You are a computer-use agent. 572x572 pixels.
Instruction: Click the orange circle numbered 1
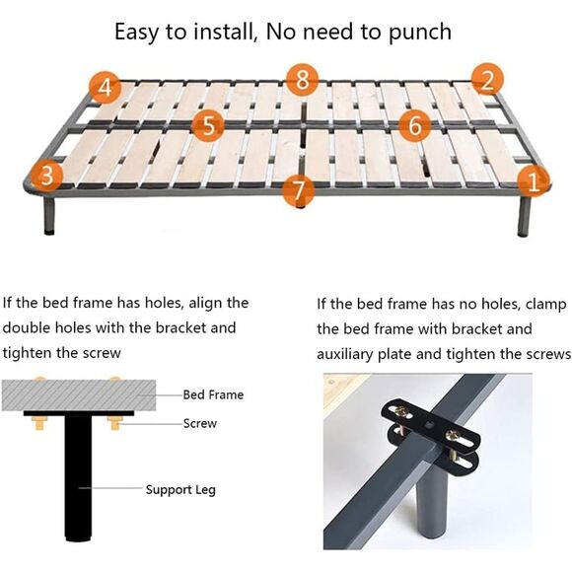point(534,180)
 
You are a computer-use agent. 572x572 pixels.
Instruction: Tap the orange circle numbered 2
point(487,80)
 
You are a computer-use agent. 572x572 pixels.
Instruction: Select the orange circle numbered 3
point(47,176)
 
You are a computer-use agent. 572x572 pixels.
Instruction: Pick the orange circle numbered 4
point(106,88)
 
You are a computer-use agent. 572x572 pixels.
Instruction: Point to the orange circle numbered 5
point(208,125)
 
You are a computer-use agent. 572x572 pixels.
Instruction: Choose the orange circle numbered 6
point(415,125)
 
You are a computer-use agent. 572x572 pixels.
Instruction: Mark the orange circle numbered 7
point(299,189)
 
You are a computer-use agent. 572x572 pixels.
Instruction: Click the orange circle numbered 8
point(302,80)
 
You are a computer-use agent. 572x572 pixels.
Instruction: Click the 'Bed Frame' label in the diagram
point(213,394)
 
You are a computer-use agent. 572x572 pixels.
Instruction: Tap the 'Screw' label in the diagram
point(200,423)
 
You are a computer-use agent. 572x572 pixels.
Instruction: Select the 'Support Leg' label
point(180,490)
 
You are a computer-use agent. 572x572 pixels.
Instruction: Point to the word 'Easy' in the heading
point(137,33)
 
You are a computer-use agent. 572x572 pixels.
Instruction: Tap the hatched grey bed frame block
point(79,395)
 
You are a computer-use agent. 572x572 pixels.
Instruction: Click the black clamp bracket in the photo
point(430,430)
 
